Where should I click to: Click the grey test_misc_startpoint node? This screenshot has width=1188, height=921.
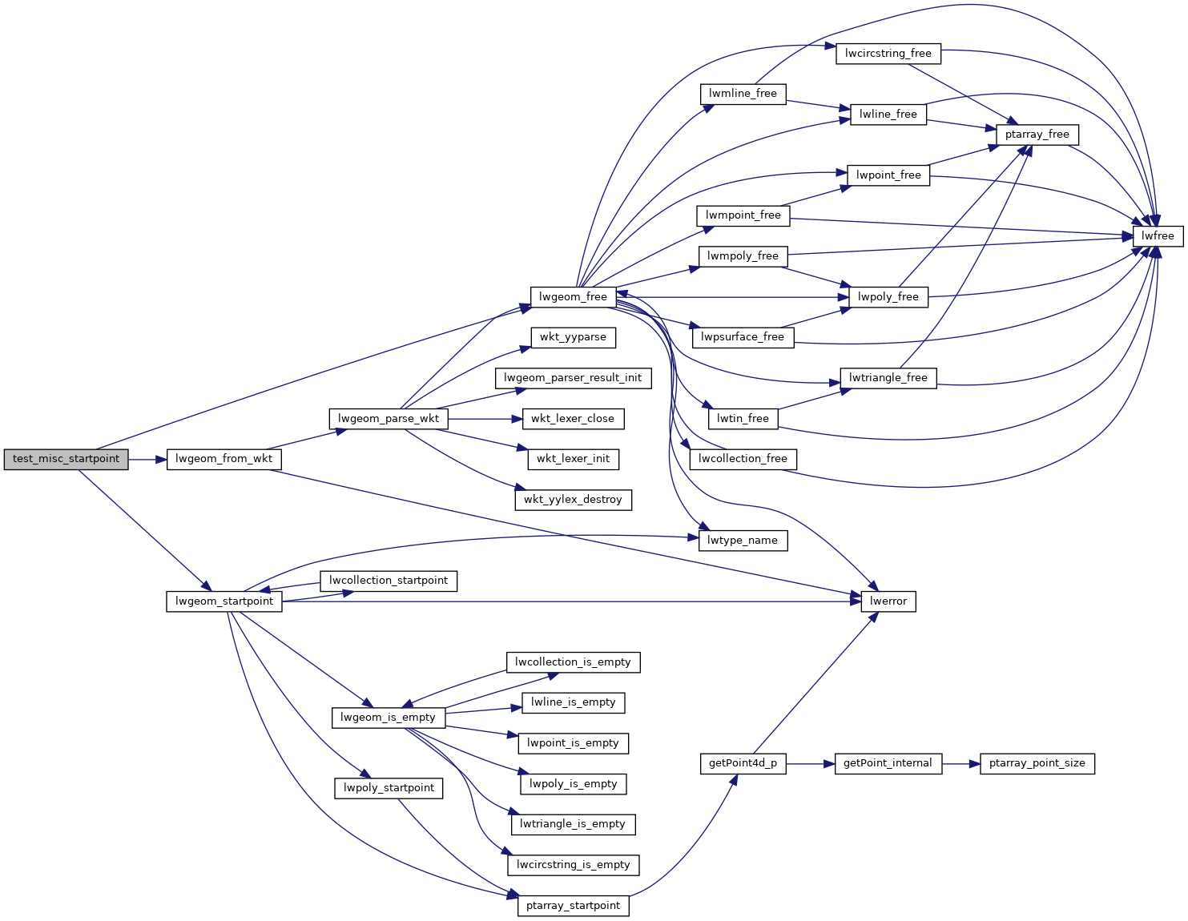(66, 460)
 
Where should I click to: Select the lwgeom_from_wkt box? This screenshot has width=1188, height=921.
(224, 460)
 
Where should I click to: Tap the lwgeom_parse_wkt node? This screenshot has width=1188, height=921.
(389, 419)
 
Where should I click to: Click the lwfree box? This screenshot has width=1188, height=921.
(1158, 236)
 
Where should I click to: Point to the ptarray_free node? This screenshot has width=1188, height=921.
(1037, 135)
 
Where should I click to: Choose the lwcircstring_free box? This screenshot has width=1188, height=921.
(888, 54)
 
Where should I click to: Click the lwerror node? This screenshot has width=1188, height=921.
(888, 601)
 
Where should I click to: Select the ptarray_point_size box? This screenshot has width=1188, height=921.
(1037, 763)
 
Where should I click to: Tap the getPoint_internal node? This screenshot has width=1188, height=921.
(888, 763)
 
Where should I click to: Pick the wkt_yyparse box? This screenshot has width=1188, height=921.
(573, 337)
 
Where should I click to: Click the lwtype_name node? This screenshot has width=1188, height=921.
(743, 541)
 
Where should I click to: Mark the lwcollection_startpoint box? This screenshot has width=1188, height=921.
(389, 581)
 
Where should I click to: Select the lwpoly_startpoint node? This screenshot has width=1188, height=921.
(389, 788)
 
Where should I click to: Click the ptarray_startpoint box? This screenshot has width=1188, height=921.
(573, 906)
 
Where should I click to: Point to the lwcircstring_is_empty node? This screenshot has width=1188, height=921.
(573, 865)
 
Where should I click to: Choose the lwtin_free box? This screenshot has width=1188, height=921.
(743, 419)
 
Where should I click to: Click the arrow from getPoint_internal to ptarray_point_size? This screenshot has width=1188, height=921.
(960, 763)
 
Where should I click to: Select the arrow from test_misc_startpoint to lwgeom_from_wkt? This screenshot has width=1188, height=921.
(147, 460)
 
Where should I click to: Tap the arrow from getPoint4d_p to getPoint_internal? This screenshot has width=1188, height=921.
(810, 763)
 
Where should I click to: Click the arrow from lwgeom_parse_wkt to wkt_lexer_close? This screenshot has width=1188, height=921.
(485, 419)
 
